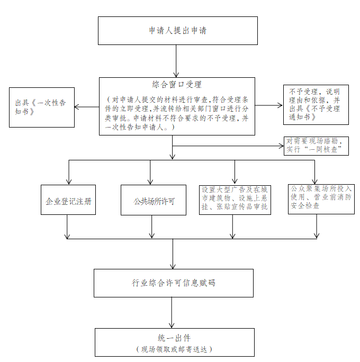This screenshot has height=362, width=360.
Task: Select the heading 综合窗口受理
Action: coord(177,85)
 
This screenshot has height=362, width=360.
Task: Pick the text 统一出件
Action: coord(174,338)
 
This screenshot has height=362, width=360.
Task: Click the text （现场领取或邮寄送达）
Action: coord(174,349)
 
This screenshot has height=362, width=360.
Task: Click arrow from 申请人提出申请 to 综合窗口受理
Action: coord(176,61)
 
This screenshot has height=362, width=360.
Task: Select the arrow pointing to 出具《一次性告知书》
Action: coord(87,107)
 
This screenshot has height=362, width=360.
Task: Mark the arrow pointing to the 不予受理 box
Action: coord(269,105)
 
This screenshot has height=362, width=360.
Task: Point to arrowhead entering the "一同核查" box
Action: coord(281,146)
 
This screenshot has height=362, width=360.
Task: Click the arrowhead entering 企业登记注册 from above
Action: coord(69,182)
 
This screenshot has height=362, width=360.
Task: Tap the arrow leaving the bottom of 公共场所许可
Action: coord(152,227)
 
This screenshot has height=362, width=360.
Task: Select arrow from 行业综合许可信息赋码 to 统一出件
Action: coord(172,313)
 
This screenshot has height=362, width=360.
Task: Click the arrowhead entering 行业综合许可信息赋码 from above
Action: coord(173,266)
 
